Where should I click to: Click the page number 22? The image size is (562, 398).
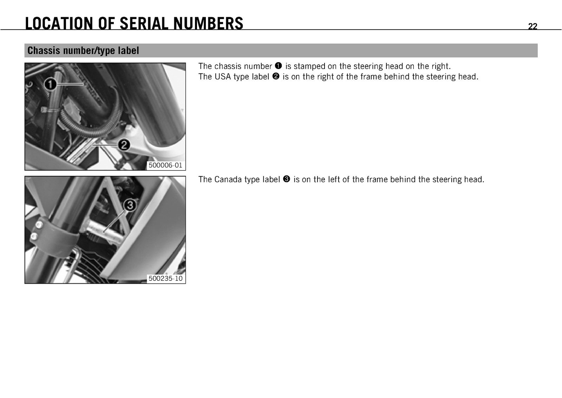coord(532,26)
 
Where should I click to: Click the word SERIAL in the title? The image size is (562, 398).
coord(144,23)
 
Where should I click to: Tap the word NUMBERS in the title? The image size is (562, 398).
coord(208,23)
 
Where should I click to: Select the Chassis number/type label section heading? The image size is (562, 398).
coord(83,51)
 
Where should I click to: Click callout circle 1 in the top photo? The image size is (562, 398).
coord(51,84)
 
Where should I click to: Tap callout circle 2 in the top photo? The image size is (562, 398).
coord(124,145)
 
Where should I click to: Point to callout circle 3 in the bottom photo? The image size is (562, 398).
coord(130,205)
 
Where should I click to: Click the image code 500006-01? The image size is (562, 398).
coord(165,165)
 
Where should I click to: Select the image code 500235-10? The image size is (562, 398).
coord(165,278)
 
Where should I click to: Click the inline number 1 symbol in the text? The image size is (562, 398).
coord(279,66)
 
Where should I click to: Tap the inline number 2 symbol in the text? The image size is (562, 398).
coord(276,76)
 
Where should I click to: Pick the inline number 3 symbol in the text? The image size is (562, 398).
coord(287,179)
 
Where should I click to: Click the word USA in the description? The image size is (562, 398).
coord(223,77)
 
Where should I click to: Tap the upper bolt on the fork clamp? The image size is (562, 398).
coord(39,224)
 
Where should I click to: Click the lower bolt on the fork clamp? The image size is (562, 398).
coord(34,236)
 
